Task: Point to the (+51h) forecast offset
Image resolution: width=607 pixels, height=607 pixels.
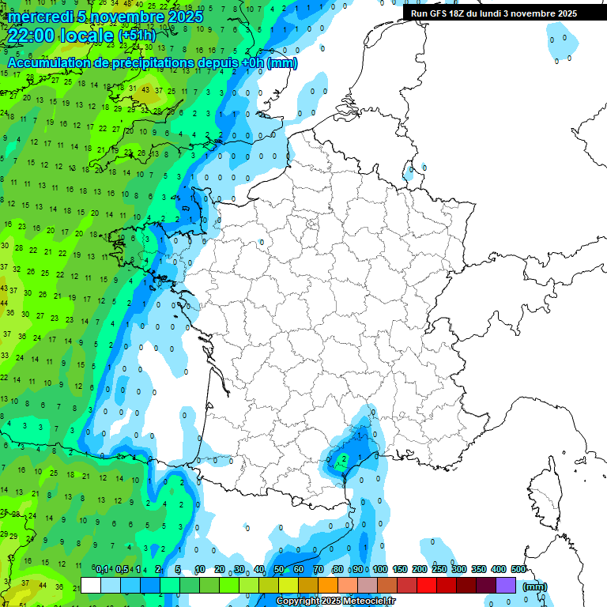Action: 136,36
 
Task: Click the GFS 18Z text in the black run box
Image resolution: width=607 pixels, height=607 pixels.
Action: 451,13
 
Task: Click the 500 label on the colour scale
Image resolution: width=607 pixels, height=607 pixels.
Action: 518,570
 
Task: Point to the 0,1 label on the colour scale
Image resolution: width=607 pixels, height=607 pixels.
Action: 102,570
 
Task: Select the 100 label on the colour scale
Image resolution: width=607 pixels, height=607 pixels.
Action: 380,570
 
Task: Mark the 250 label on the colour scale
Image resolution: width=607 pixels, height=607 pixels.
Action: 439,570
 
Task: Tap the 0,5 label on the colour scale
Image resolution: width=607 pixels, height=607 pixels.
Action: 122,570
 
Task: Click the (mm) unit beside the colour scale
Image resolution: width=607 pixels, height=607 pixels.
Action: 535,586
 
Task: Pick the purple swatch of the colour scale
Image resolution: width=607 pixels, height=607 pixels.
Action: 506,586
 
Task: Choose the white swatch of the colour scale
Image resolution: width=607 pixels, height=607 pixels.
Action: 91,586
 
